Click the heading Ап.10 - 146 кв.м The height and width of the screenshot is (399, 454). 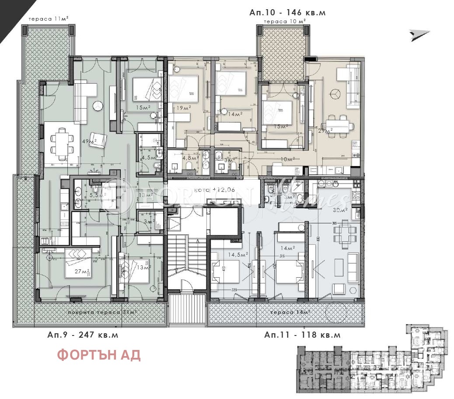(x=287, y=13)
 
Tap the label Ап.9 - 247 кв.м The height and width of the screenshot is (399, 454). (x=83, y=335)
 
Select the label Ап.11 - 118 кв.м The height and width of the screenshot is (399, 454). (x=302, y=335)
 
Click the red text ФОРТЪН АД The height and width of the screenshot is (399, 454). (x=99, y=355)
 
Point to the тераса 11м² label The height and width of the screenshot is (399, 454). (x=48, y=19)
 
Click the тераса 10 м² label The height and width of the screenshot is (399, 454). (x=284, y=21)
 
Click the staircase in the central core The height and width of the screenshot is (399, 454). (x=187, y=263)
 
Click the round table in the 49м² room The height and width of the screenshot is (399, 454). (x=97, y=105)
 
